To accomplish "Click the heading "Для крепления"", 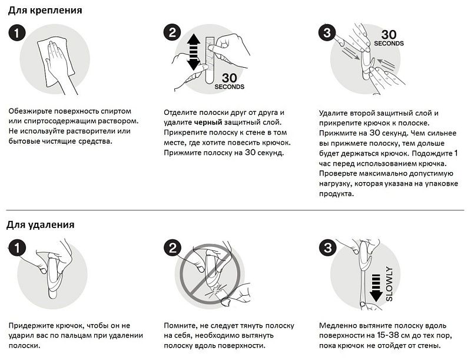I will click(45, 11).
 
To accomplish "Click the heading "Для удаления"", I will click(41, 224).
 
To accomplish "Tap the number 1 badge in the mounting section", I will click(17, 34).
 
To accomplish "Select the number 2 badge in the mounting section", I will click(172, 34).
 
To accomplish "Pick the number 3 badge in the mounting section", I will click(327, 32).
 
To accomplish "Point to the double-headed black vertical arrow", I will click(194, 51).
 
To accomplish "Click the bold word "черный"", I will click(209, 123).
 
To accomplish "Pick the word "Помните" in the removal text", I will click(181, 325).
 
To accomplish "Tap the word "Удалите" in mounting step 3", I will click(334, 113).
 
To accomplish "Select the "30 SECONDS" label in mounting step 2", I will click(230, 81).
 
